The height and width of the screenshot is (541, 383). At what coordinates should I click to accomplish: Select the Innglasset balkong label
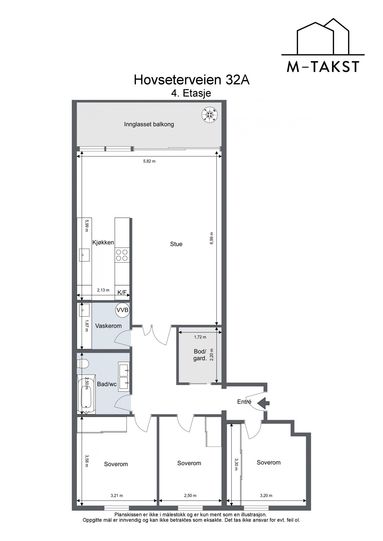(x=149, y=124)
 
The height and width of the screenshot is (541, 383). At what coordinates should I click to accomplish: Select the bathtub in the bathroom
(x=86, y=394)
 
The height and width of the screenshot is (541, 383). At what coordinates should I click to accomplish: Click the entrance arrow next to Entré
(x=263, y=402)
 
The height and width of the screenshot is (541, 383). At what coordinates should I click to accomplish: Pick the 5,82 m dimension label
(x=149, y=161)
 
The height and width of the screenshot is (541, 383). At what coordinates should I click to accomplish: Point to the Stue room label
(x=176, y=244)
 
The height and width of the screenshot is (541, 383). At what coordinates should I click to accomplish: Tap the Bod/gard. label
(x=200, y=355)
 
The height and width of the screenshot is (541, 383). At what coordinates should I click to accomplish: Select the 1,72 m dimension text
(x=200, y=337)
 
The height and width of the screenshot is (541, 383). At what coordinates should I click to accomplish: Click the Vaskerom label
(x=109, y=326)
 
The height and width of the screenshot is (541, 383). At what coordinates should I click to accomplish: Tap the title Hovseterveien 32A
(x=191, y=80)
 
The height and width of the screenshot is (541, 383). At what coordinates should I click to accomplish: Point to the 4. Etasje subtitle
(x=191, y=93)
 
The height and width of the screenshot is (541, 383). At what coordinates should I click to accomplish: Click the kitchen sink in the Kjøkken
(x=84, y=255)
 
